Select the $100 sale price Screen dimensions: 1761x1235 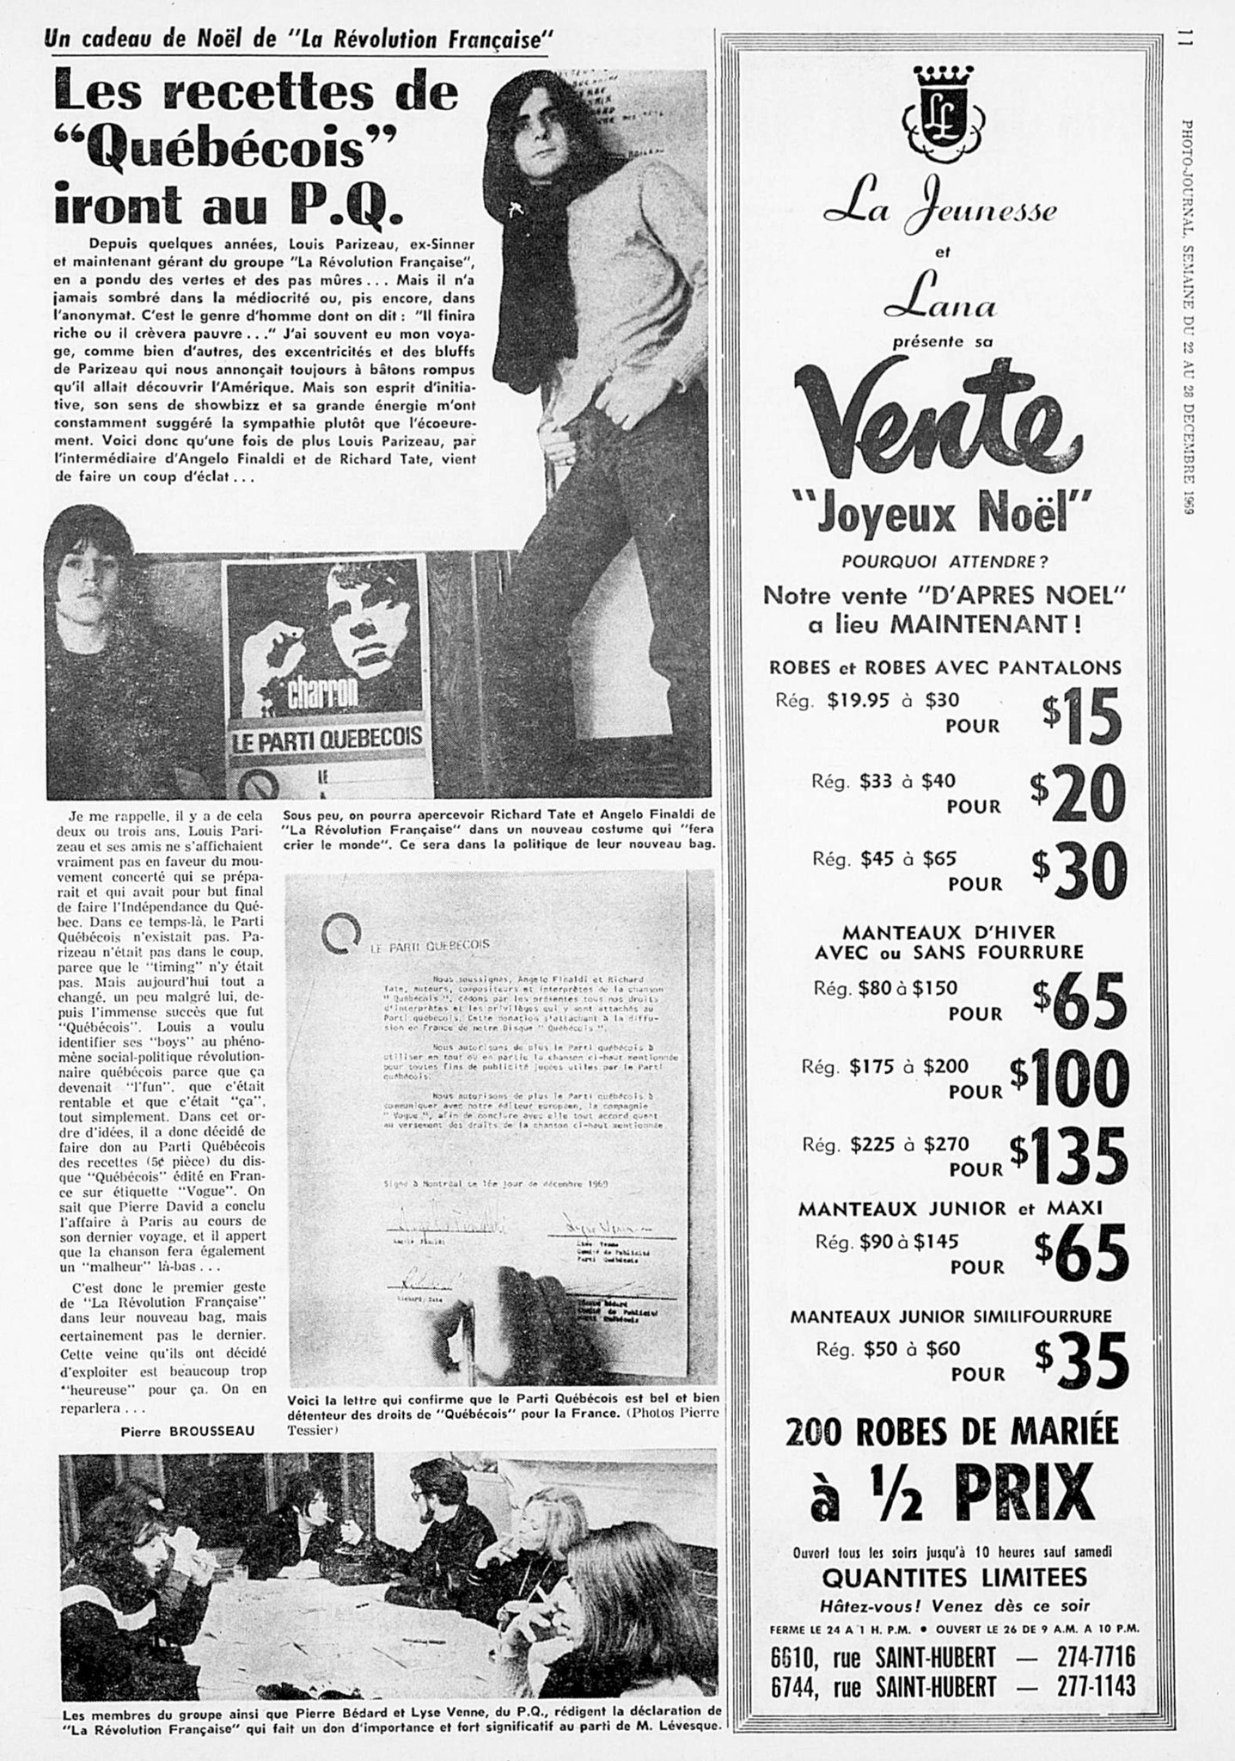click(1069, 1078)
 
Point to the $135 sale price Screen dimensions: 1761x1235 click(1069, 1157)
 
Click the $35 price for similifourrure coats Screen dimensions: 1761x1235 click(1082, 1359)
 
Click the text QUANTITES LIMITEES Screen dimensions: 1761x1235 click(954, 1577)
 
